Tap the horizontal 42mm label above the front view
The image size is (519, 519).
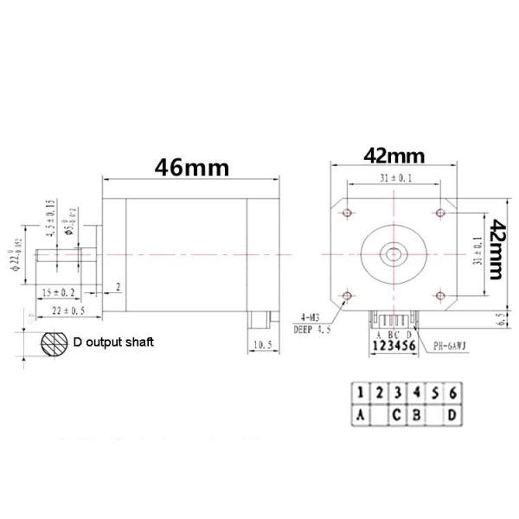coord(394,156)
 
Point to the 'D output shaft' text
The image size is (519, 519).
coord(113,343)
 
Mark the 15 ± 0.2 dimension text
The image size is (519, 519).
coord(60,292)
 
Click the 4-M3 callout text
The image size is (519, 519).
coord(312,317)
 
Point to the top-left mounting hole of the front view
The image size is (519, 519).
coord(348,212)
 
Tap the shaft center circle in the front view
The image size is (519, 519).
coord(394,253)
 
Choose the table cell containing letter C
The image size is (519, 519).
coord(398,416)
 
